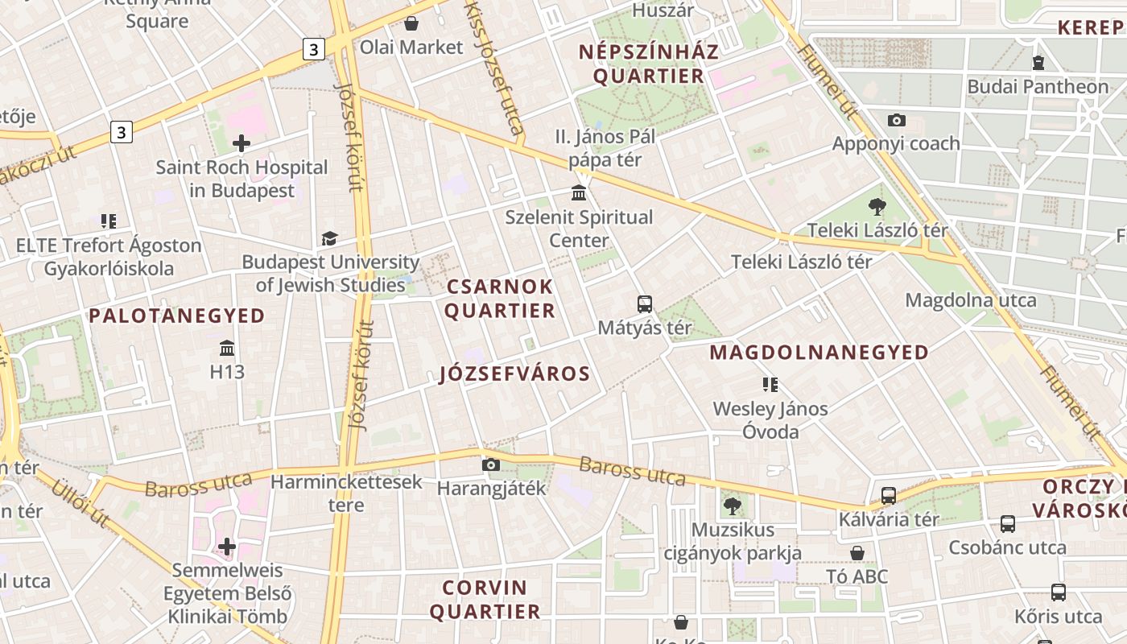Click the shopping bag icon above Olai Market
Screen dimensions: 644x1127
[411, 23]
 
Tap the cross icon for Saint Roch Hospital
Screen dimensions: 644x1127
[241, 144]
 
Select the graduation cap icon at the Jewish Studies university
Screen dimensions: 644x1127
[329, 238]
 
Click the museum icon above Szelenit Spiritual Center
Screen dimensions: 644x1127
[579, 193]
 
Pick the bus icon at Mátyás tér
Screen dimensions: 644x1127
[645, 304]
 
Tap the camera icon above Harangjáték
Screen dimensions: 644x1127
[490, 464]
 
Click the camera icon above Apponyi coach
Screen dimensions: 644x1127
[896, 120]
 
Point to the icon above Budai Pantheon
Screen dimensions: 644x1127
[1038, 62]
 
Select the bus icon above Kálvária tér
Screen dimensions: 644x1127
[889, 495]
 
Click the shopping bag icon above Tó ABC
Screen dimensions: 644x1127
[857, 553]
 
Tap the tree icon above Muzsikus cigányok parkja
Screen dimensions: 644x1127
[733, 506]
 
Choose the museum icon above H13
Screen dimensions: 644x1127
[227, 349]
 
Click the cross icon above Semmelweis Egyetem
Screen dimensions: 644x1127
[227, 547]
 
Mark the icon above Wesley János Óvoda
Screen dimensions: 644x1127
[770, 385]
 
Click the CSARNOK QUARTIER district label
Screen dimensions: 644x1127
[500, 299]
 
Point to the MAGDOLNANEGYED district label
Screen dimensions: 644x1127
[819, 353]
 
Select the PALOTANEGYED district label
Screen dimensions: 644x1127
[177, 316]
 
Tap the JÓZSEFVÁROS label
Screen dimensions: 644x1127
[515, 374]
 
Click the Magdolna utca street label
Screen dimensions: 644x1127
[971, 300]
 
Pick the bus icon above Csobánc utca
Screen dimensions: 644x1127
[1007, 524]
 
